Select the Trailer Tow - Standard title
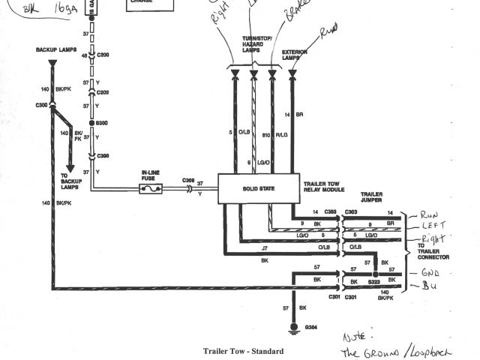click(x=244, y=350)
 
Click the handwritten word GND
click(x=430, y=273)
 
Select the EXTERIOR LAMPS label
click(x=294, y=55)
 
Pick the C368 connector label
click(x=189, y=180)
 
